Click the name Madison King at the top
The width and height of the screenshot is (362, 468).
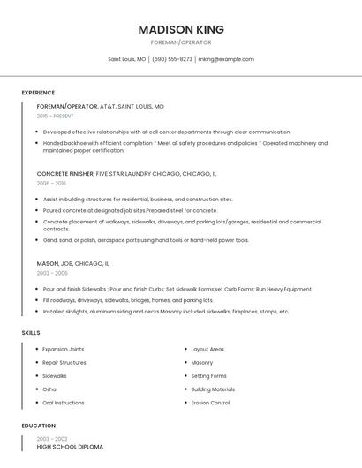point(181,29)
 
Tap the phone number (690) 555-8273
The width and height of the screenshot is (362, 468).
point(172,59)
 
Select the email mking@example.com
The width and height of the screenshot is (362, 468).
point(226,59)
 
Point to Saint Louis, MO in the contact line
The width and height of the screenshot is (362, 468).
point(127,59)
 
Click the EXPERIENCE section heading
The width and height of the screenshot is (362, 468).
point(38,93)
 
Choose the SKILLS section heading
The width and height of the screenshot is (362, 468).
point(31,332)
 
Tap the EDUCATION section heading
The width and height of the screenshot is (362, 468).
point(39,426)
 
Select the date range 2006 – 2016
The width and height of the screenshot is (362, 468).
point(51,184)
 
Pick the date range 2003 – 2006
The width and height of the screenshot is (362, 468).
point(51,274)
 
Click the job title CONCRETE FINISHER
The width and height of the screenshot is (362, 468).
point(64,174)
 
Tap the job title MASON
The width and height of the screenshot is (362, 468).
point(47,263)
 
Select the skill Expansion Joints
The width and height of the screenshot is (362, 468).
point(64,349)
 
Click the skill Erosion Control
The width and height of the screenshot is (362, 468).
point(210,403)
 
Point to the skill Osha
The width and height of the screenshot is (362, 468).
point(49,389)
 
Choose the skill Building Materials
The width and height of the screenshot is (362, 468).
point(213,389)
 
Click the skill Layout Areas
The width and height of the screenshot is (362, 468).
point(207,349)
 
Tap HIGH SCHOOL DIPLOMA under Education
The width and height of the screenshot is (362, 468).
point(70,447)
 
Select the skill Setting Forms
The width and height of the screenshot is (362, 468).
point(208,376)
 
